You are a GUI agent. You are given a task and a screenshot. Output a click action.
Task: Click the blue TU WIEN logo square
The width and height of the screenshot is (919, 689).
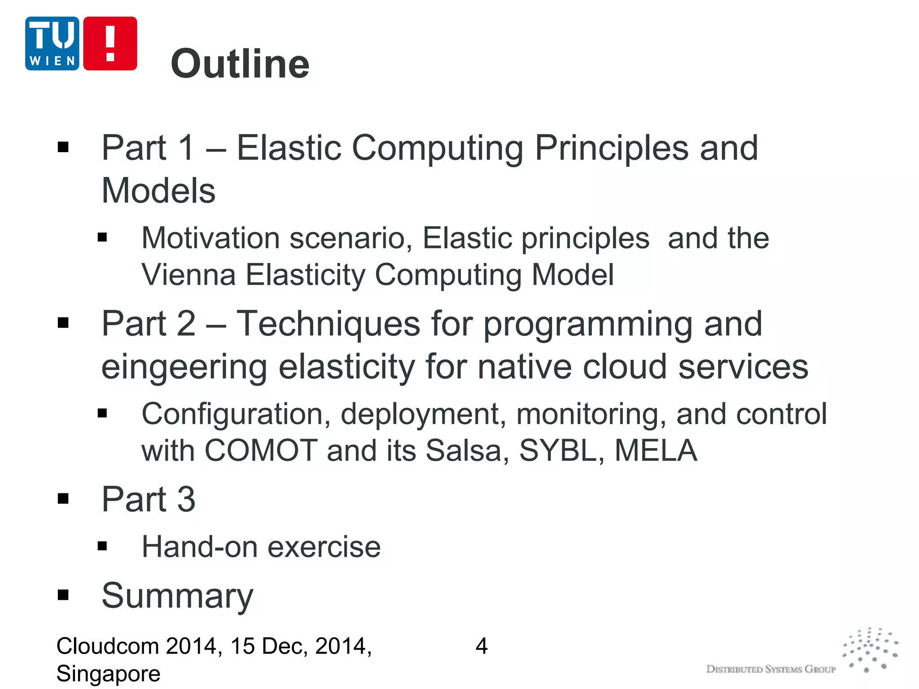[52, 44]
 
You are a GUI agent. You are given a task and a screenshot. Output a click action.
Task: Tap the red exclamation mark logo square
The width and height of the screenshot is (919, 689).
[110, 44]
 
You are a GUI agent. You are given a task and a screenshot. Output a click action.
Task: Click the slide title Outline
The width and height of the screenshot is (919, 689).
[240, 64]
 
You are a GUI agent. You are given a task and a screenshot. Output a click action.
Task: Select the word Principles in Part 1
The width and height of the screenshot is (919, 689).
[612, 148]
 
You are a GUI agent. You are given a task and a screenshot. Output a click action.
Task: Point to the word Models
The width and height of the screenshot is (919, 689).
[158, 191]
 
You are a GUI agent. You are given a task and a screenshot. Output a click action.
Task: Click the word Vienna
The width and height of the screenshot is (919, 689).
[188, 275]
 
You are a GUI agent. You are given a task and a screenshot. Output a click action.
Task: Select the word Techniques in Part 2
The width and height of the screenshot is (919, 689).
[328, 324]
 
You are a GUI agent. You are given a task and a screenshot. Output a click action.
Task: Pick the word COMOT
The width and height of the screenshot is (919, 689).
[261, 450]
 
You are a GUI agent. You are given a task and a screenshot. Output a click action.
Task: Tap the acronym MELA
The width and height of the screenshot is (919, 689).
[656, 450]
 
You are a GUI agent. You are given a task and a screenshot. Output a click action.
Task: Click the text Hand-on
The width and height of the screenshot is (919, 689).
[200, 547]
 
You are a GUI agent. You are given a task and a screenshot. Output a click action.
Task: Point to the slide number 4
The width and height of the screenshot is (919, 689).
[481, 646]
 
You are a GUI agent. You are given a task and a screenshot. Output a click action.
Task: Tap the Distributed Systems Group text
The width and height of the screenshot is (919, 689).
[770, 669]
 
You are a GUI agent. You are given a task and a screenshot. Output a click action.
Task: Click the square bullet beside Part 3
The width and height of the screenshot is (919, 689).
[63, 499]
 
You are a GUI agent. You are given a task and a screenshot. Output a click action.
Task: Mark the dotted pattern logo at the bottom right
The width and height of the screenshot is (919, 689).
[870, 650]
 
